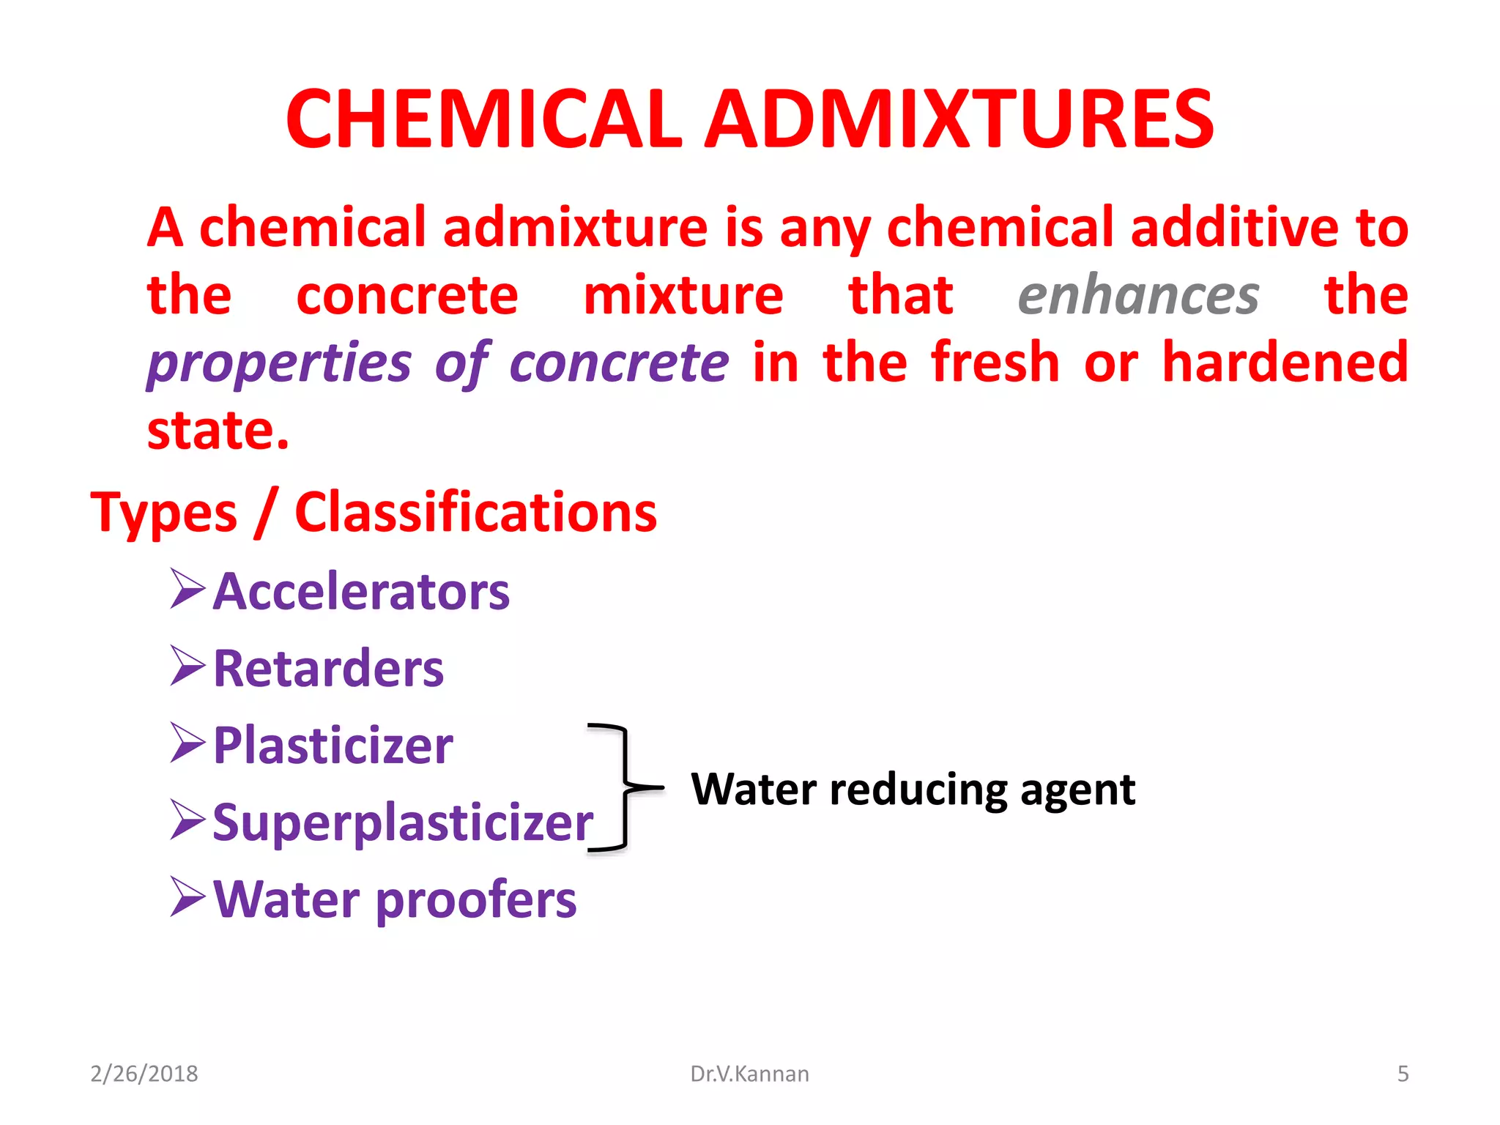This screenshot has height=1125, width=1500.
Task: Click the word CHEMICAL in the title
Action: [x=483, y=119]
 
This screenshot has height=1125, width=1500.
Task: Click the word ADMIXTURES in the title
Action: [x=959, y=119]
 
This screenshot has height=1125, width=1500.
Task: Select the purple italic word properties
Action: [x=279, y=363]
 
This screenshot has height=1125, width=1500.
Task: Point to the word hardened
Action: [x=1285, y=362]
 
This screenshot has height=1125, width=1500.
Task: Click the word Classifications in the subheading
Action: [x=475, y=512]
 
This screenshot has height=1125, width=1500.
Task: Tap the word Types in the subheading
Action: [x=164, y=513]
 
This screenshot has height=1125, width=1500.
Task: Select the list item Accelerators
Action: [x=361, y=591]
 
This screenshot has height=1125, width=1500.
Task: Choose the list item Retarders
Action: [x=328, y=668]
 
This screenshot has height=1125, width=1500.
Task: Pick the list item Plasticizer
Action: [x=333, y=746]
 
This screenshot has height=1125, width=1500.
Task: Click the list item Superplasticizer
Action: [x=403, y=823]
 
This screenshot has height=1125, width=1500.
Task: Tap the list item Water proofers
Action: [x=395, y=899]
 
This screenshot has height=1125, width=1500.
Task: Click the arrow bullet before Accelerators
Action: [x=187, y=589]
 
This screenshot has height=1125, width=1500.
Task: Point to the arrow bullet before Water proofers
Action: [x=187, y=897]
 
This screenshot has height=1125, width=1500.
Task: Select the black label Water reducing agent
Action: [x=913, y=790]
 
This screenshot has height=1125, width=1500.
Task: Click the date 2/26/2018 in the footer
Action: [x=144, y=1074]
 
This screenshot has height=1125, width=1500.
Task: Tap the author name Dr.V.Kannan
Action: [x=749, y=1074]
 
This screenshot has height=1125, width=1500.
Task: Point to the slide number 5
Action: [x=1403, y=1074]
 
